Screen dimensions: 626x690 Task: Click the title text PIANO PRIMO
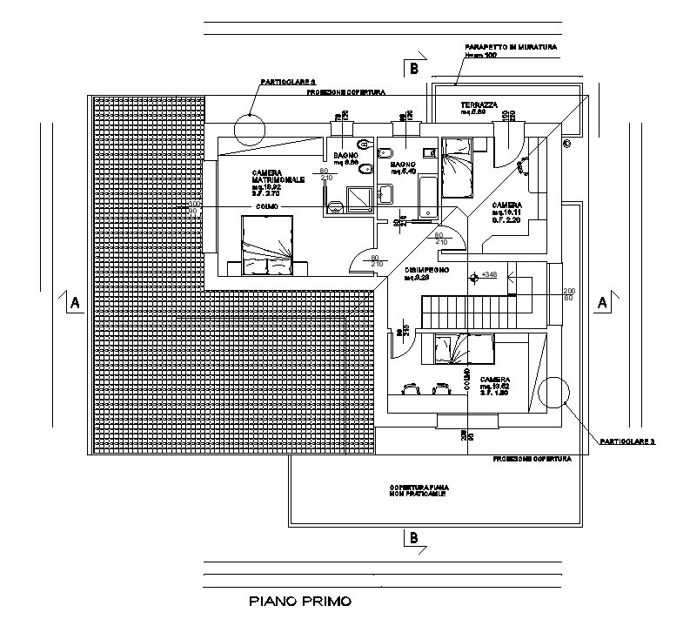coord(298,601)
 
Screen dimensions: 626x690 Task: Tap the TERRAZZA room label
coord(479,105)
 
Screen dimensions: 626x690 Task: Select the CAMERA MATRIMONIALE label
coord(278,176)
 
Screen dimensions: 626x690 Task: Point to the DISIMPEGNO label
coord(427,271)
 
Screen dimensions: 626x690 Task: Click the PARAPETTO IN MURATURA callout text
coord(511,46)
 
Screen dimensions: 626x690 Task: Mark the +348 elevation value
coord(488,274)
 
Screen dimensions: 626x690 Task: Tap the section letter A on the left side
coord(75,303)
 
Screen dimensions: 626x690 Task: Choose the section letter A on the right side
coord(601,302)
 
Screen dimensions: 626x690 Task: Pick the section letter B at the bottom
coord(414,538)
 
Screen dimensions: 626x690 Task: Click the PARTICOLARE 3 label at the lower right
coord(626,441)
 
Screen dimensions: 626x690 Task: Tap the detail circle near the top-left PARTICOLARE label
coord(250,130)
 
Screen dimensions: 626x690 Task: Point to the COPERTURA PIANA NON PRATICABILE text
coord(419,489)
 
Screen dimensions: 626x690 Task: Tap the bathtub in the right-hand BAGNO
coord(428,197)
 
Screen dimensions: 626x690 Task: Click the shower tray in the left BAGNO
coord(358,199)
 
